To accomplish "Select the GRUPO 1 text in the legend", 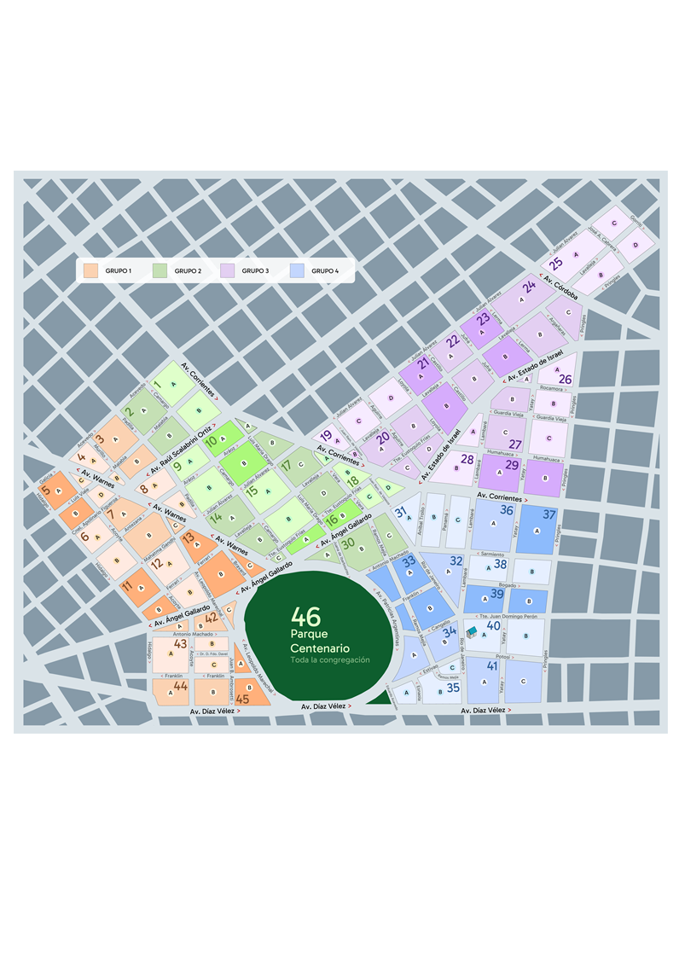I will click(x=119, y=270).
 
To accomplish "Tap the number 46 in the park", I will click(x=305, y=617).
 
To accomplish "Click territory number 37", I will click(x=549, y=514).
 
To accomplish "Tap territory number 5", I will click(x=45, y=491).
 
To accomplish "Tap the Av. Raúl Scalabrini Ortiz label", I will click(x=181, y=450).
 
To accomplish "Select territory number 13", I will click(x=189, y=536).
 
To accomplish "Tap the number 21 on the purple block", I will click(x=423, y=363).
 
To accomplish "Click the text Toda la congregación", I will click(x=329, y=660).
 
